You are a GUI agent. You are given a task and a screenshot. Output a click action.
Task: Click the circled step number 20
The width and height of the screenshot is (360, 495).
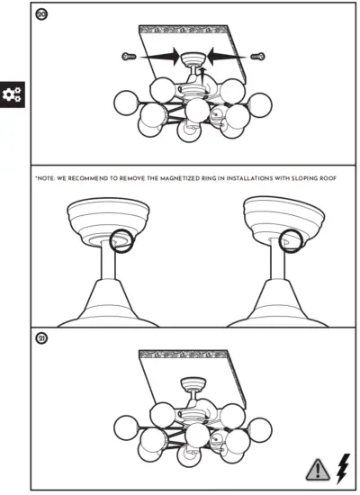click(40, 15)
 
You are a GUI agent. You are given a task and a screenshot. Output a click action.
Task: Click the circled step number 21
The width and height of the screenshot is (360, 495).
click(40, 339)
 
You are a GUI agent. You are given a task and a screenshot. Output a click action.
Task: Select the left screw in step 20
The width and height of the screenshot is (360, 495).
click(127, 57)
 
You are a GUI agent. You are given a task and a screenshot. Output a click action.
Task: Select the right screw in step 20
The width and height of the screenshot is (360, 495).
click(258, 57)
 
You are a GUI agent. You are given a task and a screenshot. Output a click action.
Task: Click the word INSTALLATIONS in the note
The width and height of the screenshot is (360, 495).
click(252, 179)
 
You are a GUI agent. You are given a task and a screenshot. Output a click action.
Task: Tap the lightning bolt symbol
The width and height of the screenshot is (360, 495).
click(342, 466)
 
